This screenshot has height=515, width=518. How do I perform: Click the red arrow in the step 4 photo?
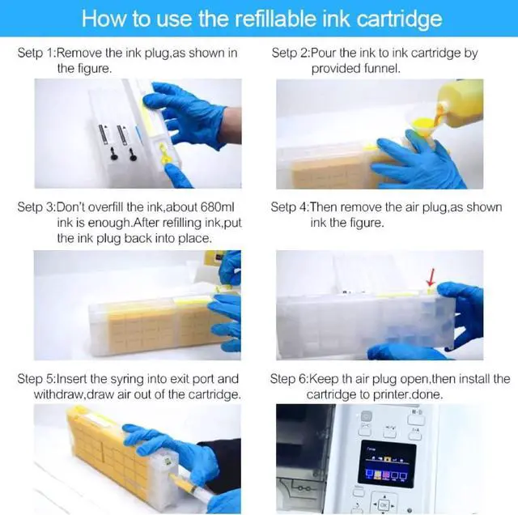click(429, 279)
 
